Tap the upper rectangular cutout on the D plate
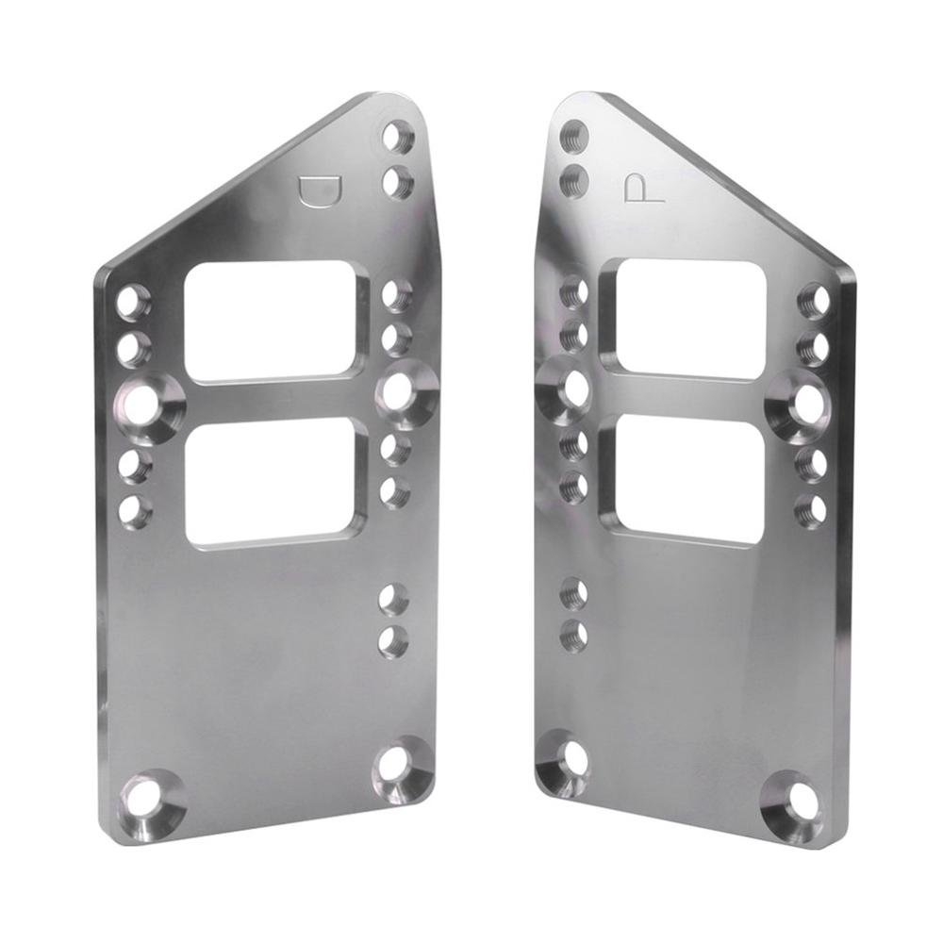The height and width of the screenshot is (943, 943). pyautogui.click(x=273, y=321)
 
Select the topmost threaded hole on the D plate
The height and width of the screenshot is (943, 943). pyautogui.click(x=398, y=138)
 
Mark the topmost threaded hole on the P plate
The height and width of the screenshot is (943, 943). pyautogui.click(x=572, y=135)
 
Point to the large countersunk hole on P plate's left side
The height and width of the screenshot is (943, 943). pyautogui.click(x=571, y=389)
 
